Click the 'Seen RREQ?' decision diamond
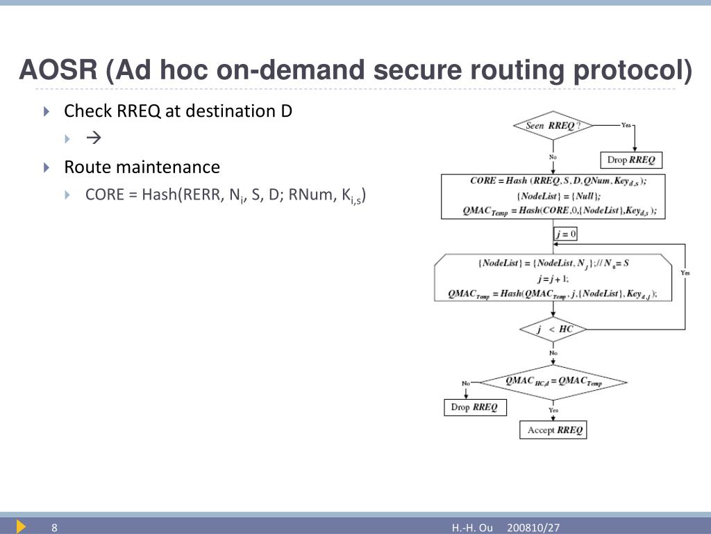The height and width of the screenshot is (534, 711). point(553,126)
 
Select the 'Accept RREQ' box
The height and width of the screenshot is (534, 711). point(553,430)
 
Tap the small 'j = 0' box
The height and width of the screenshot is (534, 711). point(565,234)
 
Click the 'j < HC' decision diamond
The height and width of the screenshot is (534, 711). point(553,329)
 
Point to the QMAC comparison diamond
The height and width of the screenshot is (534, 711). point(553,382)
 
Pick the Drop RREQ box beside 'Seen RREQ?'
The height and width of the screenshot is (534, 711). point(630,160)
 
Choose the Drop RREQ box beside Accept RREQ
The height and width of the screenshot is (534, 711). point(475,407)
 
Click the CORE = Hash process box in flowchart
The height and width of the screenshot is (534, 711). point(553,196)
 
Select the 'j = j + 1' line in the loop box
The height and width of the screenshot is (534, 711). point(553,278)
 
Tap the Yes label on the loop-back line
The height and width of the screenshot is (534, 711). point(685,273)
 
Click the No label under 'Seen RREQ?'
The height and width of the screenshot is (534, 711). point(553,157)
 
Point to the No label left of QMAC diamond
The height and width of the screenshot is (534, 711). point(466,383)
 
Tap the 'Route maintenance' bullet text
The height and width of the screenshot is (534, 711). point(142,167)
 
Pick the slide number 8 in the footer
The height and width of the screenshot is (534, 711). point(53,528)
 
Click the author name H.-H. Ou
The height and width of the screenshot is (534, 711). point(472,528)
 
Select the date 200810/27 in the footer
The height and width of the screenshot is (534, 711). point(533,528)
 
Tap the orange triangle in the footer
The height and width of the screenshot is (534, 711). point(21,526)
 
